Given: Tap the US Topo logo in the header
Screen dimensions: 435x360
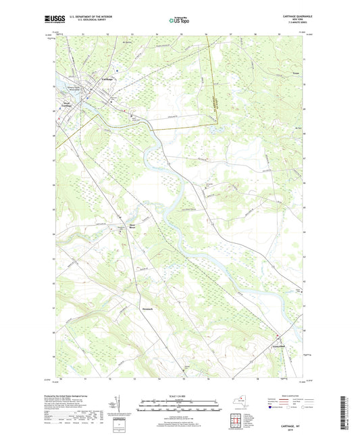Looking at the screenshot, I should pyautogui.click(x=179, y=20).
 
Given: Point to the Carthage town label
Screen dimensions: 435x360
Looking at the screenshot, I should pyautogui.click(x=107, y=79).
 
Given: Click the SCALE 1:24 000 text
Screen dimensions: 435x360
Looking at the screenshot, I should pyautogui.click(x=180, y=395).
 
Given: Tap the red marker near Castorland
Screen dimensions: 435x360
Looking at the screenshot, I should pyautogui.click(x=276, y=336).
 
